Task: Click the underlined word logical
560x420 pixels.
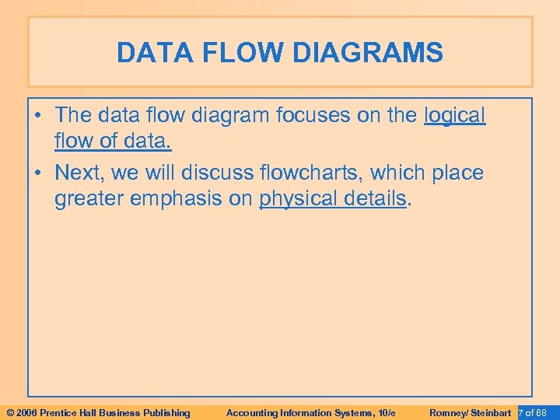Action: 455,116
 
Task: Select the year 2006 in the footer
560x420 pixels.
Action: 25,412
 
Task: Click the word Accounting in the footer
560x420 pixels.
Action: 251,412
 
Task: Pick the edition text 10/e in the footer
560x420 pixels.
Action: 387,412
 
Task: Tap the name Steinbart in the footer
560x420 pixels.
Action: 491,412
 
